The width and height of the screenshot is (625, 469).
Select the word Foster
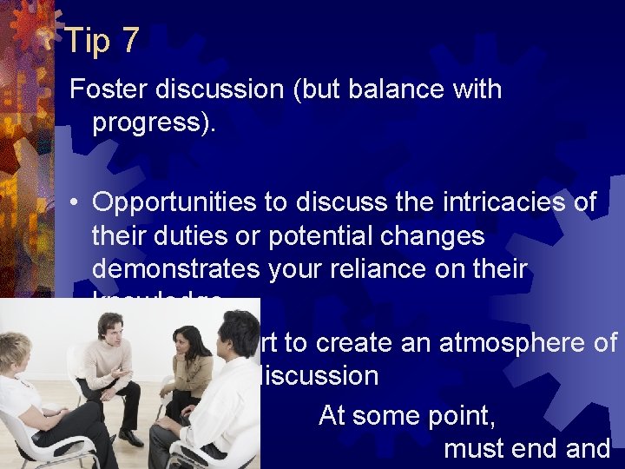[x=106, y=89]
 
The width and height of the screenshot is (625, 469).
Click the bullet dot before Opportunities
[x=76, y=203]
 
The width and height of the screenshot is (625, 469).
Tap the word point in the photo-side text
[x=464, y=416]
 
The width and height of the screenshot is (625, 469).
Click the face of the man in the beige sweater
[x=110, y=329]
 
